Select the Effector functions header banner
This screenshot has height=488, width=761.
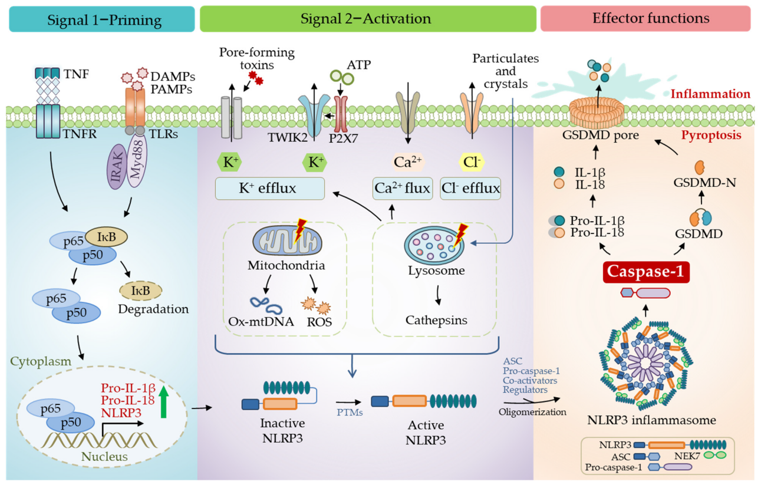coord(645,19)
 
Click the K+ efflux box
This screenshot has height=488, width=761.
coord(269,189)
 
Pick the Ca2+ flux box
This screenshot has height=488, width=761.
coord(403,189)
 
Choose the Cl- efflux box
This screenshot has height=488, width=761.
coord(470,189)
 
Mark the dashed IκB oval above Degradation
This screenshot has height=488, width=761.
coord(141,290)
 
